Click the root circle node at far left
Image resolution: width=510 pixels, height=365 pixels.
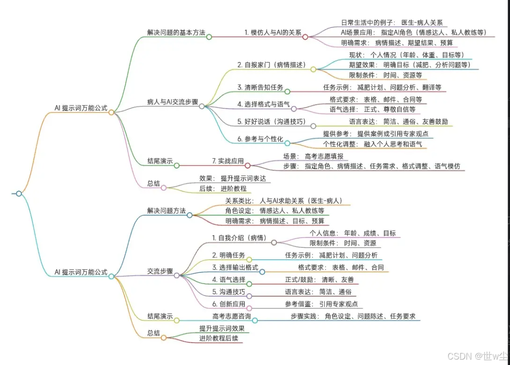(x=19, y=193)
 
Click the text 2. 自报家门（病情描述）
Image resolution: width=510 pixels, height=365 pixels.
(x=271, y=65)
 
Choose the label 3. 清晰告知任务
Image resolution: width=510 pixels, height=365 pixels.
(x=260, y=87)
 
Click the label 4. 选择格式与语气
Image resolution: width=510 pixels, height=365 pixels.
(x=264, y=105)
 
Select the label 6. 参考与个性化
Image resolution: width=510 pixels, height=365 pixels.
(x=260, y=139)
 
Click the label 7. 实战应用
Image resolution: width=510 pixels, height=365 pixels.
(x=227, y=161)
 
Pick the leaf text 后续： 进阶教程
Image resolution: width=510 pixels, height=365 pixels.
(x=222, y=188)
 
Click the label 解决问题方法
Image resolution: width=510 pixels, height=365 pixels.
(x=166, y=211)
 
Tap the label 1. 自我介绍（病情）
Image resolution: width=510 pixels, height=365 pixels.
(x=240, y=237)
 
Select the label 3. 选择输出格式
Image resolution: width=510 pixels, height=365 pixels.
(x=235, y=267)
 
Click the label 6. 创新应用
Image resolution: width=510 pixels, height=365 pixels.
(x=228, y=303)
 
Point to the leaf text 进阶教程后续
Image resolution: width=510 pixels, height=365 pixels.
(x=219, y=338)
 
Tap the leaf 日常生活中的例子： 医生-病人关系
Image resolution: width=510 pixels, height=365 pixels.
(x=392, y=22)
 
